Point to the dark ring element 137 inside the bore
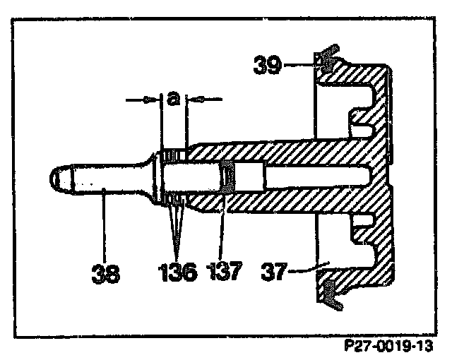(228, 176)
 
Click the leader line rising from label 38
(104, 226)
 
